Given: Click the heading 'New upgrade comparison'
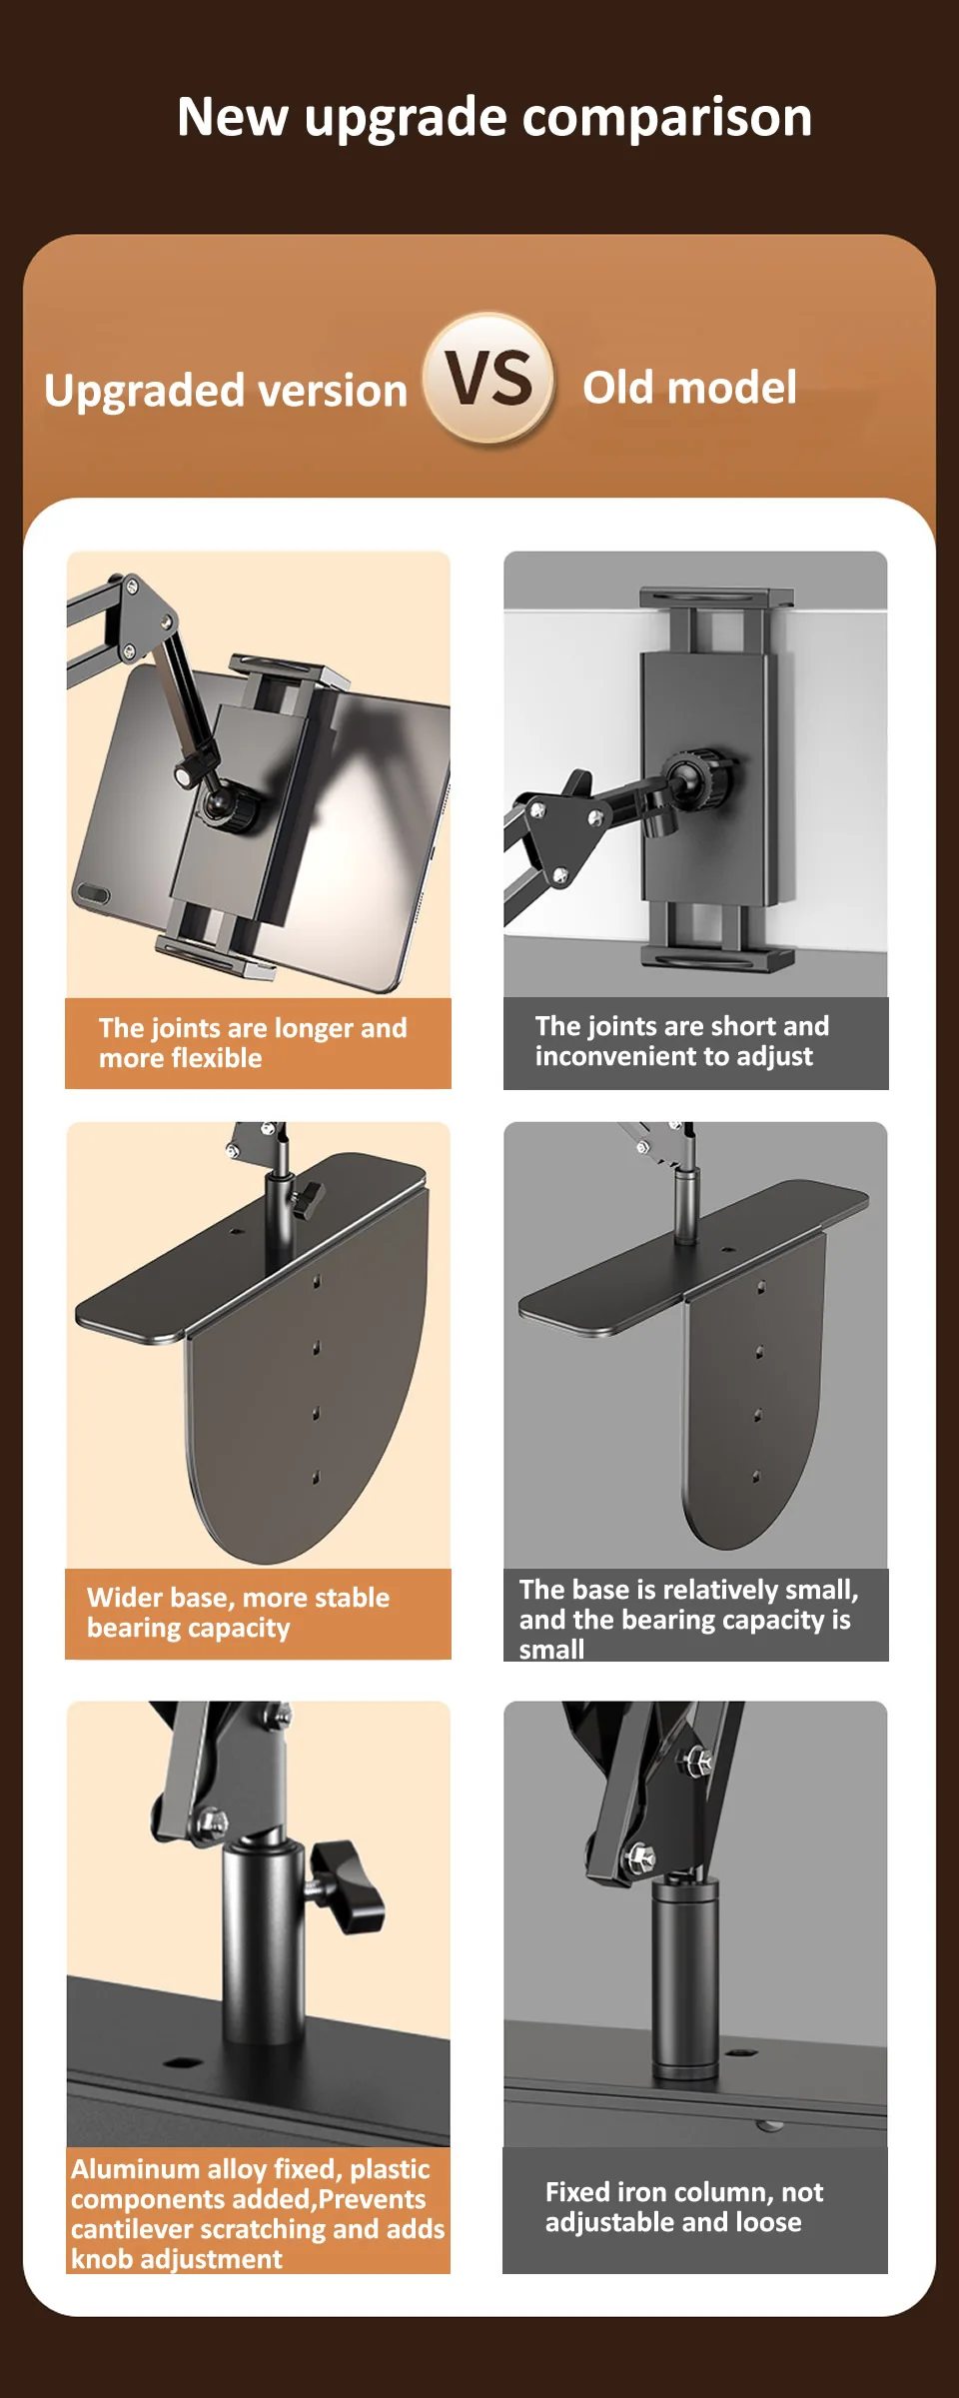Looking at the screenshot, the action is point(494,118).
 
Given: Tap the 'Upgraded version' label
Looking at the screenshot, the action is point(226,390).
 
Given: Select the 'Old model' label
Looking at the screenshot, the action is point(690,387).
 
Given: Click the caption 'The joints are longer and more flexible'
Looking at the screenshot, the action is point(253,1042).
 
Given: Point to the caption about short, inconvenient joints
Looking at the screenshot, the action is point(682,1040).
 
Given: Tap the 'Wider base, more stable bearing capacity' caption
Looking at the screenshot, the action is point(238,1612).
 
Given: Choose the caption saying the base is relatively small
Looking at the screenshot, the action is point(688,1619).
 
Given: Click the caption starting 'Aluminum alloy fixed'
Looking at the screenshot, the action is point(258,2213).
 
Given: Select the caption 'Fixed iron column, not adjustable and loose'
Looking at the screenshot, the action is point(684,2206).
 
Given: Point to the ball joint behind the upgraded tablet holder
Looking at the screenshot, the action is point(228,804).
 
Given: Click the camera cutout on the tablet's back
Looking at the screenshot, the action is point(92,893).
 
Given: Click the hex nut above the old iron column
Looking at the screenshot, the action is point(639,1857).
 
